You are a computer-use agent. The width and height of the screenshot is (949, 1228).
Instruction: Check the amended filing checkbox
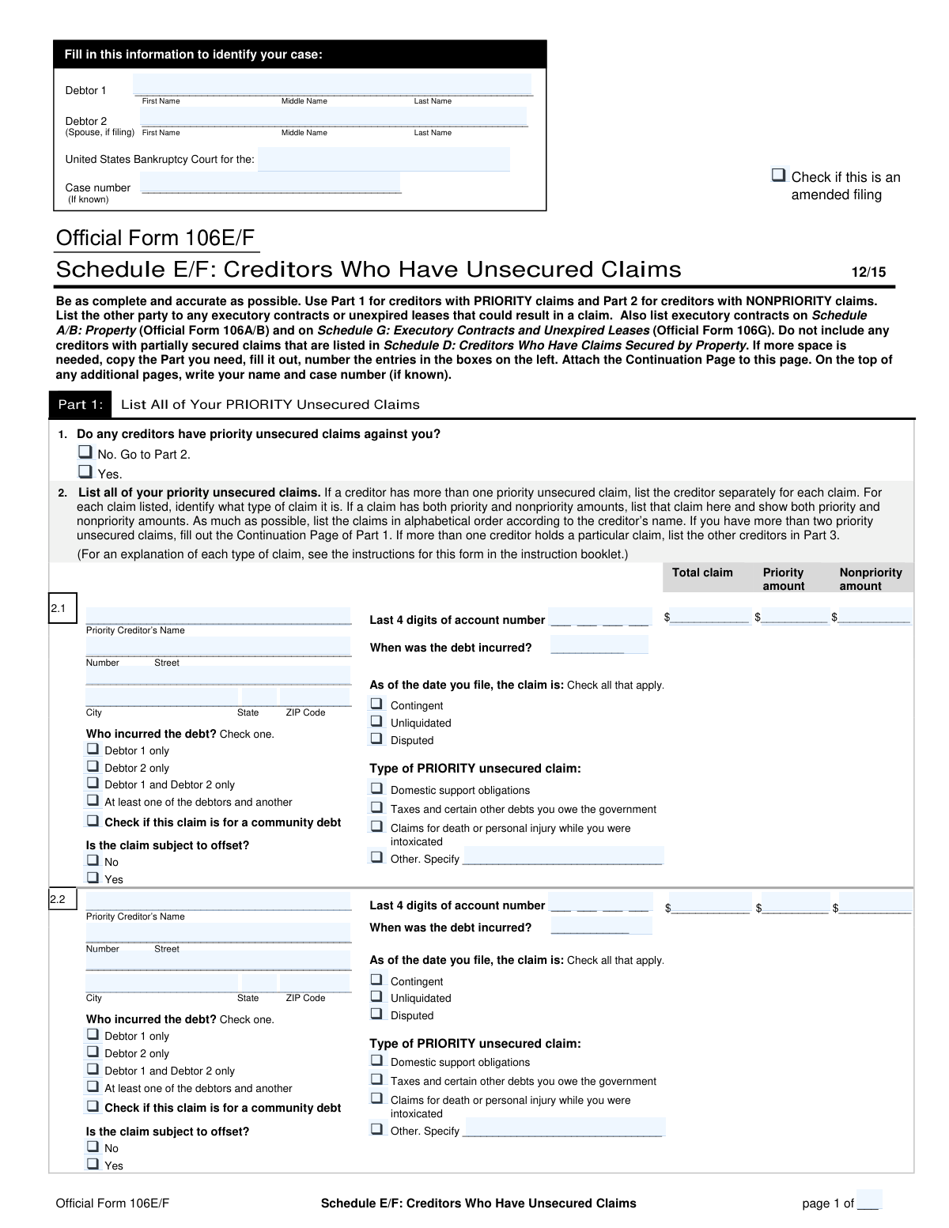pyautogui.click(x=779, y=176)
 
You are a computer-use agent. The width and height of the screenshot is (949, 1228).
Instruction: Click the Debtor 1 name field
pyautogui.click(x=332, y=85)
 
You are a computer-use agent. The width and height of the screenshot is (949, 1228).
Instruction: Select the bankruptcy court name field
pyautogui.click(x=384, y=159)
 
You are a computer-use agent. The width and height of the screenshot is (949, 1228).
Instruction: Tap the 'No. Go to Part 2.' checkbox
pyautogui.click(x=85, y=452)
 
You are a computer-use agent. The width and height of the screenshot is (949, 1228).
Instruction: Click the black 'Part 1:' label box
pyautogui.click(x=80, y=404)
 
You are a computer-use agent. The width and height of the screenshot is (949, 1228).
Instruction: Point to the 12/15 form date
pyautogui.click(x=868, y=272)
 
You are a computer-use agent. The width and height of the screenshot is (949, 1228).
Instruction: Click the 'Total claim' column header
pyautogui.click(x=702, y=572)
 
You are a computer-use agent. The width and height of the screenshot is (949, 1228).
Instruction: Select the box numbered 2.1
pyautogui.click(x=62, y=609)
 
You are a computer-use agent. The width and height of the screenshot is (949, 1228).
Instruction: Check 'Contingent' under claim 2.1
pyautogui.click(x=376, y=704)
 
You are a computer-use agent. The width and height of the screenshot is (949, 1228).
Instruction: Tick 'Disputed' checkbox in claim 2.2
pyautogui.click(x=376, y=1014)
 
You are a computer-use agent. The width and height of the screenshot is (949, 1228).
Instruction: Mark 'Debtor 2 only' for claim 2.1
pyautogui.click(x=93, y=766)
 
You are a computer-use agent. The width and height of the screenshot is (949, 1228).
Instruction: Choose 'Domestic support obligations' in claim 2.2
pyautogui.click(x=376, y=1060)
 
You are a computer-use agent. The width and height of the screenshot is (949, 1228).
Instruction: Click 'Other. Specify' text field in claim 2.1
pyautogui.click(x=562, y=857)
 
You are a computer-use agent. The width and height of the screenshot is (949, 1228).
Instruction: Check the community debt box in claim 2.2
pyautogui.click(x=93, y=1106)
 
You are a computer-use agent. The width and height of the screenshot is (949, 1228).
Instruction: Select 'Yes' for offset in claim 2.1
pyautogui.click(x=93, y=878)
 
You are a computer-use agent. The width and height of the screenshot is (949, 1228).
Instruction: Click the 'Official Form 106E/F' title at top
pyautogui.click(x=155, y=238)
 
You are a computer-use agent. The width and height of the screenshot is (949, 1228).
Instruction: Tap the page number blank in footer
pyautogui.click(x=868, y=1202)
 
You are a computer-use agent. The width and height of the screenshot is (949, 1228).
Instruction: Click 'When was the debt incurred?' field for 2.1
pyautogui.click(x=599, y=647)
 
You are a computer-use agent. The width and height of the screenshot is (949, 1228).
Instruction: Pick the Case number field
pyautogui.click(x=270, y=186)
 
